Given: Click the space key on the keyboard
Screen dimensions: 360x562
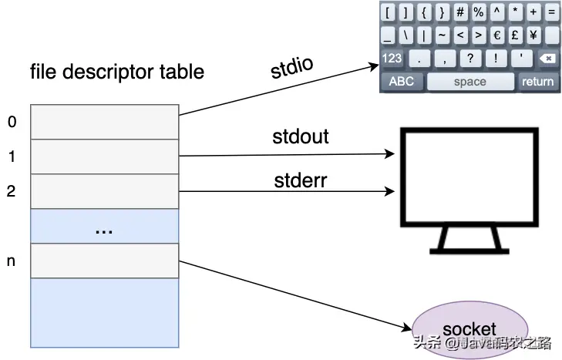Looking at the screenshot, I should tap(469, 81).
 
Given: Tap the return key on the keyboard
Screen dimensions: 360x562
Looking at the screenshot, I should tap(537, 81).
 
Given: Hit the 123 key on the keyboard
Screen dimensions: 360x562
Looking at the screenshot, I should tap(392, 59).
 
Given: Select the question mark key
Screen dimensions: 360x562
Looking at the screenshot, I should tap(469, 59).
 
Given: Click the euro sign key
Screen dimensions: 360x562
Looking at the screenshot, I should tap(497, 35).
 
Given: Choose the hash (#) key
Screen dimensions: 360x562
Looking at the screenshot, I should tap(460, 12).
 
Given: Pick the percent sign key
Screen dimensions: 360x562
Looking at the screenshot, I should tap(479, 12).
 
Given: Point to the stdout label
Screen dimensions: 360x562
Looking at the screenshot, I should tap(301, 136).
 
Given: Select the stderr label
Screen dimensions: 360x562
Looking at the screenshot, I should tap(300, 181).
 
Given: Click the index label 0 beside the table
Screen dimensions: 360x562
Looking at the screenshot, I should tap(11, 122).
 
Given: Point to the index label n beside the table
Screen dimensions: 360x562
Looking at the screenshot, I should tap(11, 261).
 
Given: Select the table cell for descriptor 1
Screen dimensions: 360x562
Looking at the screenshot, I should tap(103, 156).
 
